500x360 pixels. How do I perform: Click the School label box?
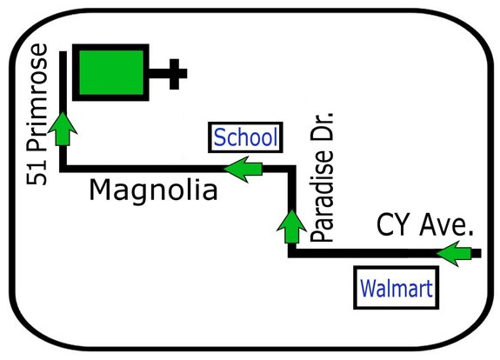coord(245,137)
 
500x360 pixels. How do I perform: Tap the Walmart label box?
coord(396,288)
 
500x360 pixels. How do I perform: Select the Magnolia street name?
coord(153,190)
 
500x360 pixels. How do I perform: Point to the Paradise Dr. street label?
coord(322,177)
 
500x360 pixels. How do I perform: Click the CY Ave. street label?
coord(424,225)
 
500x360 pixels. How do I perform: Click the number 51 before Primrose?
coord(37,173)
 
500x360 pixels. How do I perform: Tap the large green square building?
coord(111,72)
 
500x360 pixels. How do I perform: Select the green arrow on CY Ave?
coord(454,254)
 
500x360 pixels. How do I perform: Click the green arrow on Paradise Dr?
coord(291,226)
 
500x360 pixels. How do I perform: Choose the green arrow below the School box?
coord(243,169)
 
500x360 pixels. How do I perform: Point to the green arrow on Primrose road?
coord(63,130)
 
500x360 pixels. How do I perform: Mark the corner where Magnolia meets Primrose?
coord(63,169)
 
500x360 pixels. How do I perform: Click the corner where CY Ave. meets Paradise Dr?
coord(292,254)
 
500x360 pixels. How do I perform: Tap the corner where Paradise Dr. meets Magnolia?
coord(292,169)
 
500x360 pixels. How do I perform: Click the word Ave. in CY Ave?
coord(446,225)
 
